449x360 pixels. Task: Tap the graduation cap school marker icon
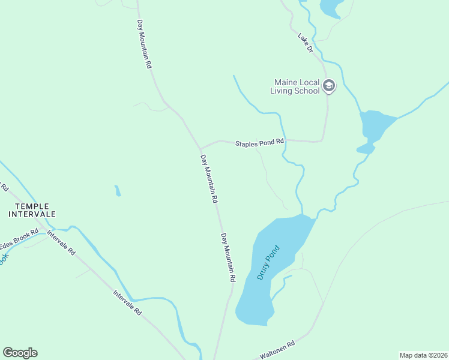[328, 86]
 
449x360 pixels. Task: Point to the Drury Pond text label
[268, 262]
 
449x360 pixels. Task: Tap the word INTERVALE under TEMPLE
[31, 214]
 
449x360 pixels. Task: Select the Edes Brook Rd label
[19, 239]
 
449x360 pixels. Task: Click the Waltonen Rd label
[277, 350]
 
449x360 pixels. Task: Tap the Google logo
[20, 353]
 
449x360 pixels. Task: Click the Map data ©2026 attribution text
[423, 355]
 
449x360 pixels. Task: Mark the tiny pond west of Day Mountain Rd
[118, 191]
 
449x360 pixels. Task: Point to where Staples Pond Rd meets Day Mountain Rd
[200, 148]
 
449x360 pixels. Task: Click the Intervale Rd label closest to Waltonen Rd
[127, 302]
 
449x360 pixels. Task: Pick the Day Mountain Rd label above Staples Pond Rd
[144, 44]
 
